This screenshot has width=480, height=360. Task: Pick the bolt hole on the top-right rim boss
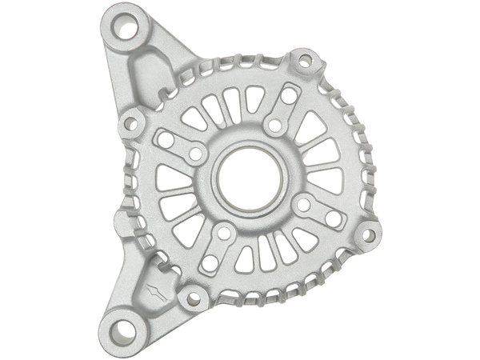(x=304, y=59)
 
